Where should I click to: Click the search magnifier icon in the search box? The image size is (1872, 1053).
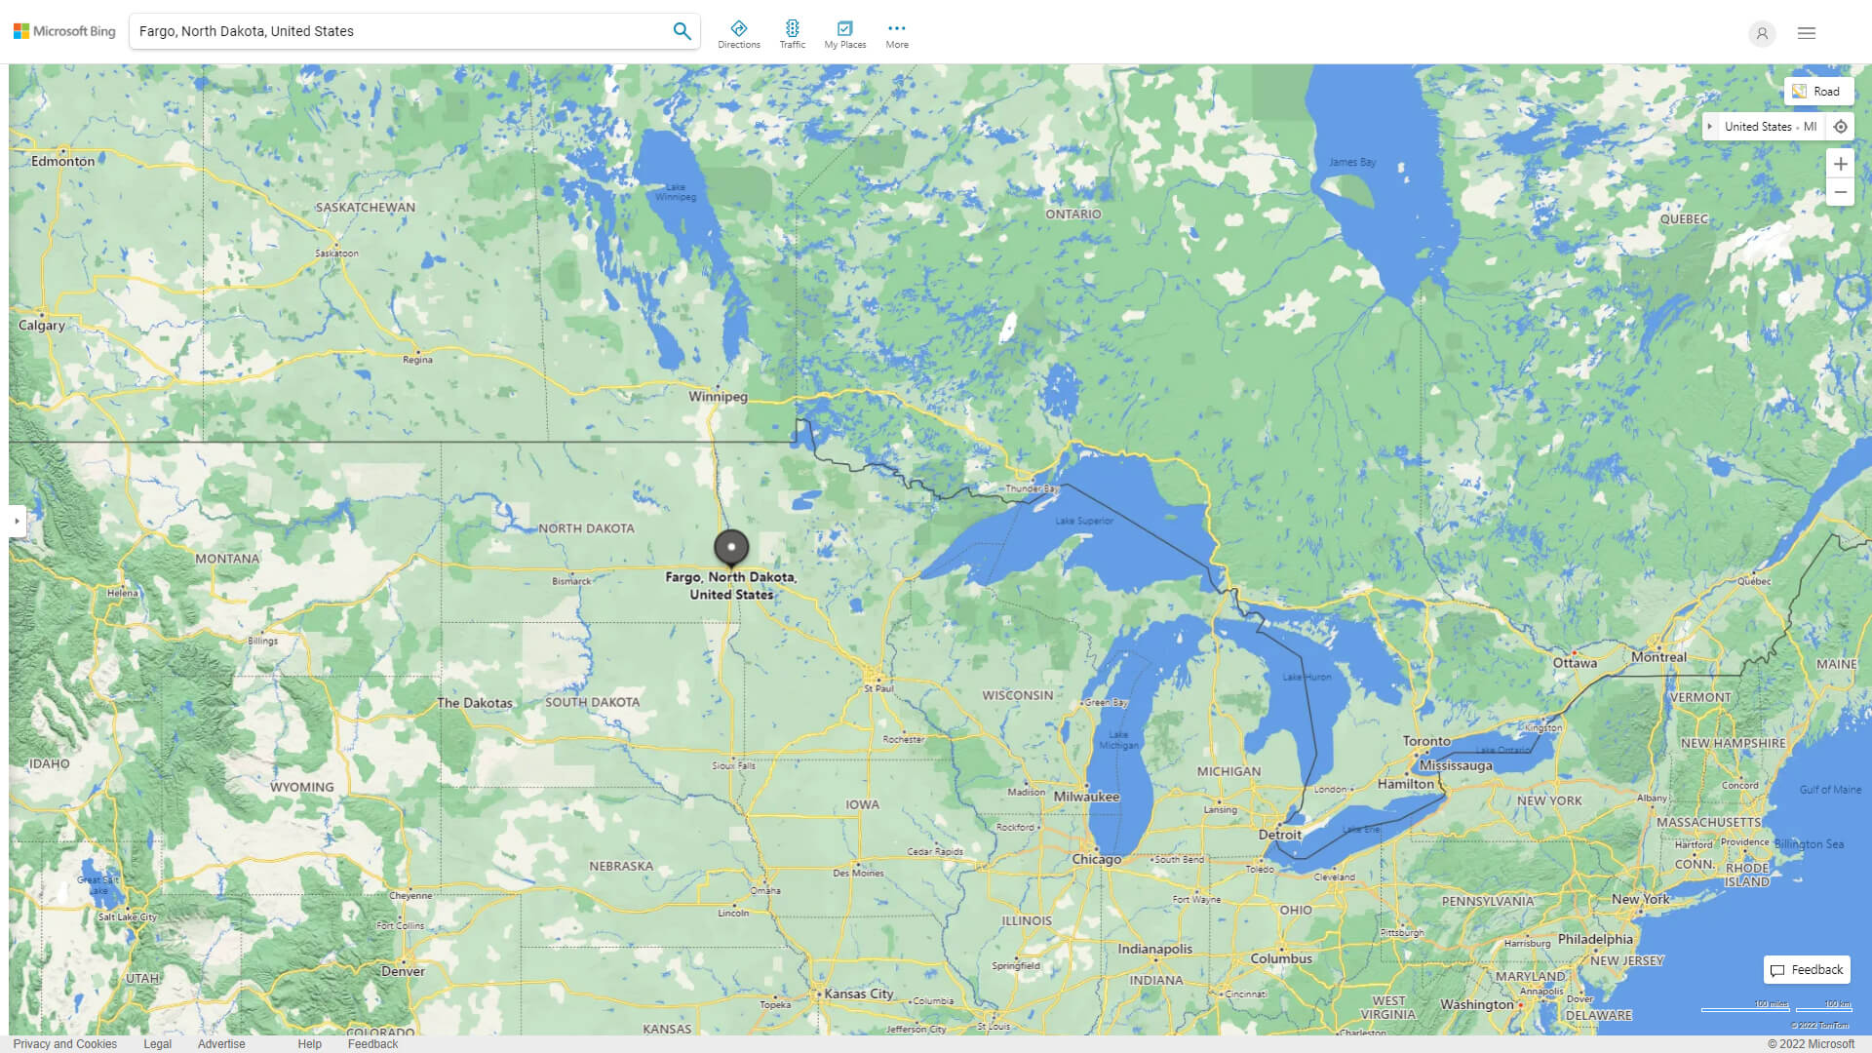(682, 31)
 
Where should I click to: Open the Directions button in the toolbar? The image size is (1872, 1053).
(739, 33)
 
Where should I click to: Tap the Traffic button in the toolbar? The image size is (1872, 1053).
(792, 33)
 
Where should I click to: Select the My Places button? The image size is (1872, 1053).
(844, 33)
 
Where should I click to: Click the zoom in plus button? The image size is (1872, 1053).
(1840, 164)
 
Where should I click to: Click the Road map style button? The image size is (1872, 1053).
(1817, 92)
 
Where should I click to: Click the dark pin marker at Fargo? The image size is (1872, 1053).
(731, 548)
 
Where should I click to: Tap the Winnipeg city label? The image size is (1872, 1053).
(718, 397)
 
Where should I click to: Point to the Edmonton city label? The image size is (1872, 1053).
(63, 162)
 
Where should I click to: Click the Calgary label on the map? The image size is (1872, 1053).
(42, 326)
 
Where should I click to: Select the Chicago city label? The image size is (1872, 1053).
(1096, 859)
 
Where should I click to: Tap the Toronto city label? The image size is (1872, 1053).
(1426, 741)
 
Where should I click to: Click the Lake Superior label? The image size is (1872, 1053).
(1083, 521)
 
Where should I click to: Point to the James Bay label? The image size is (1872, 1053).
(1351, 163)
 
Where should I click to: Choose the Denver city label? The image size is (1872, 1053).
(403, 971)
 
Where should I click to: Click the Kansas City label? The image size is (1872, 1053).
(858, 994)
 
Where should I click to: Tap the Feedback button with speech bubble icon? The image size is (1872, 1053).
(1807, 969)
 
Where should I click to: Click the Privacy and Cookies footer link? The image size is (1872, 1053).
(65, 1043)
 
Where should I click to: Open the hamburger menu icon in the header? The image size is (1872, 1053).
(1807, 33)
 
